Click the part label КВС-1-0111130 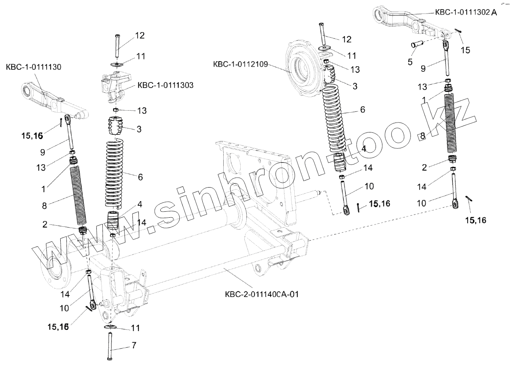(33, 68)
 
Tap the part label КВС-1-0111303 (165, 85)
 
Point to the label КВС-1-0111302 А (466, 12)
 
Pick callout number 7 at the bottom (134, 345)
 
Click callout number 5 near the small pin (410, 61)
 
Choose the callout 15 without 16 (466, 50)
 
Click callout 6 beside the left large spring (140, 177)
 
